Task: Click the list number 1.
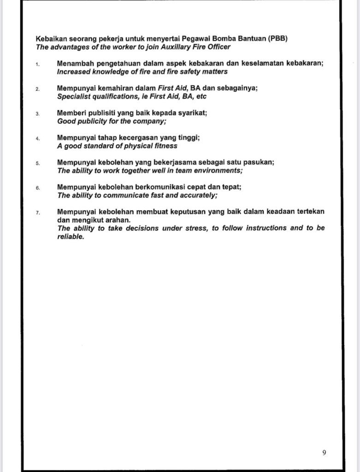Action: [x=38, y=64]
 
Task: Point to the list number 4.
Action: [x=38, y=138]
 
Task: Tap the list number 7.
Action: [x=38, y=212]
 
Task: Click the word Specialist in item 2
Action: [x=74, y=96]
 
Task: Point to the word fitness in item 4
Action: [x=165, y=146]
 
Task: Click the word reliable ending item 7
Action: [x=71, y=236]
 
